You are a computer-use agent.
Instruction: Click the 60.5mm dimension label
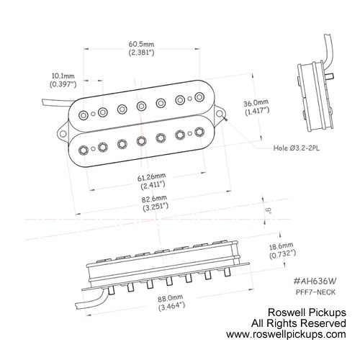(x=141, y=45)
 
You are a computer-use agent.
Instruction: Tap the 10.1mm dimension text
(x=63, y=76)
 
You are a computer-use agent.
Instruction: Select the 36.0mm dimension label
(x=256, y=104)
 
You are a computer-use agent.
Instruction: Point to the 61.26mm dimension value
(x=151, y=177)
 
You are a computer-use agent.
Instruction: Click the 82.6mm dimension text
(x=154, y=199)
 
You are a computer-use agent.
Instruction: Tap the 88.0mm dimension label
(x=170, y=298)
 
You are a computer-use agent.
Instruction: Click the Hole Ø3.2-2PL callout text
(x=297, y=148)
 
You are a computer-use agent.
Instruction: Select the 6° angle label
(x=269, y=210)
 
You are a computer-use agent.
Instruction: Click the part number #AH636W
(x=315, y=281)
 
